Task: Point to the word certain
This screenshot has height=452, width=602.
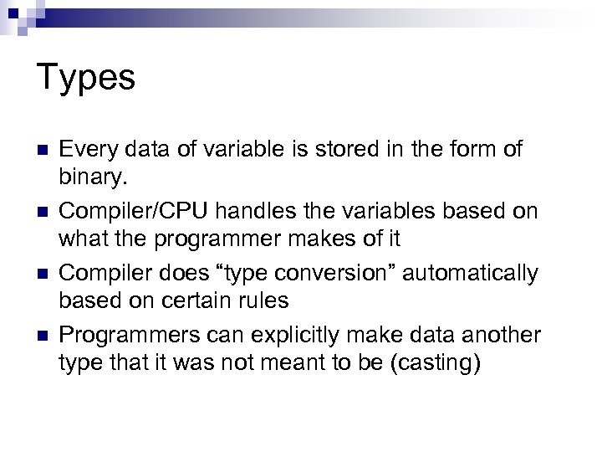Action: tap(193, 301)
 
